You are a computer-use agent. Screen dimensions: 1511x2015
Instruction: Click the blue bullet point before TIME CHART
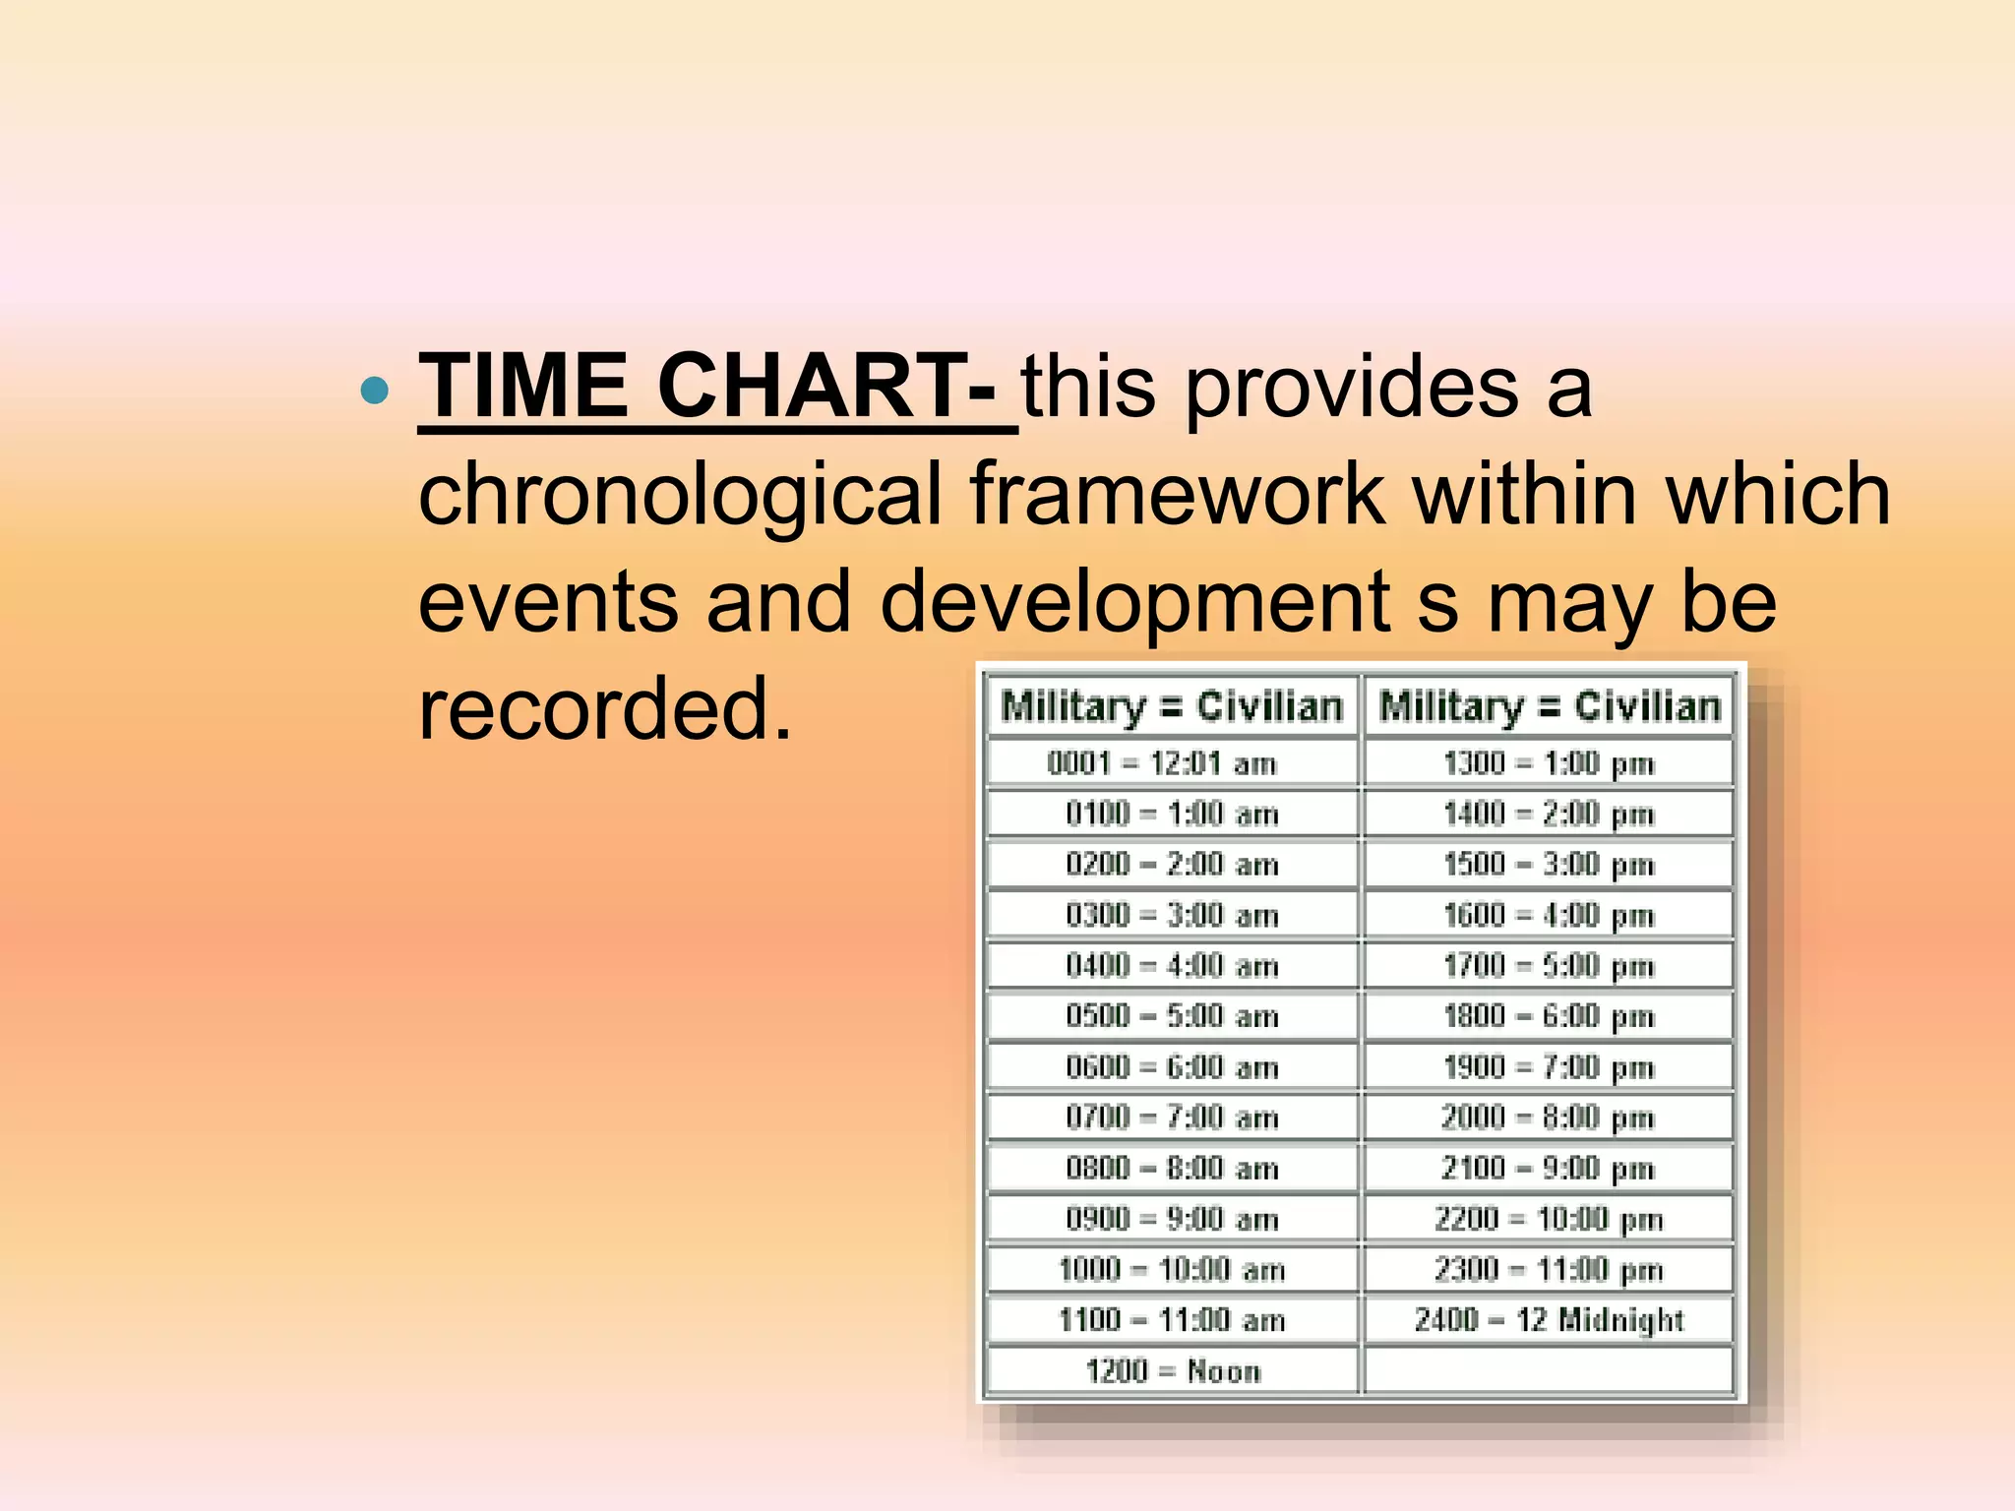click(375, 392)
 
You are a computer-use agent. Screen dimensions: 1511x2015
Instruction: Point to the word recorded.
click(604, 709)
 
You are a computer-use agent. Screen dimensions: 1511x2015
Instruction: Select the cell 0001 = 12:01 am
click(1162, 763)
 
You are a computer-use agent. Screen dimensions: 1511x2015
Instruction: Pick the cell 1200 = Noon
click(1172, 1370)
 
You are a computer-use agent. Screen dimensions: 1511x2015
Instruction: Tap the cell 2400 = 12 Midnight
click(1549, 1320)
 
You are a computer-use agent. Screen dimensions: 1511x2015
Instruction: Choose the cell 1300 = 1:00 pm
click(1549, 763)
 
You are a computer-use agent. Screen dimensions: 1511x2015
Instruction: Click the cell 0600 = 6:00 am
click(1172, 1067)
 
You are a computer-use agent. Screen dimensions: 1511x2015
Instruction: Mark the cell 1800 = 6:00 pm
click(1549, 1016)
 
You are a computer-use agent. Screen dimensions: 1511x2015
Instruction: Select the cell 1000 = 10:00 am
click(1172, 1269)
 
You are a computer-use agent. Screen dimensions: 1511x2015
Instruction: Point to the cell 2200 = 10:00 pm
click(1549, 1219)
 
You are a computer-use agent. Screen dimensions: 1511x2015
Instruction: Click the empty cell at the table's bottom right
click(1549, 1370)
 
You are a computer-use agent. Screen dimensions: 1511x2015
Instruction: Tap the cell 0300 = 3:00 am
click(1172, 915)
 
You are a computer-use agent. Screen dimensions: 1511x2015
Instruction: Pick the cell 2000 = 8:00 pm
click(1549, 1118)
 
